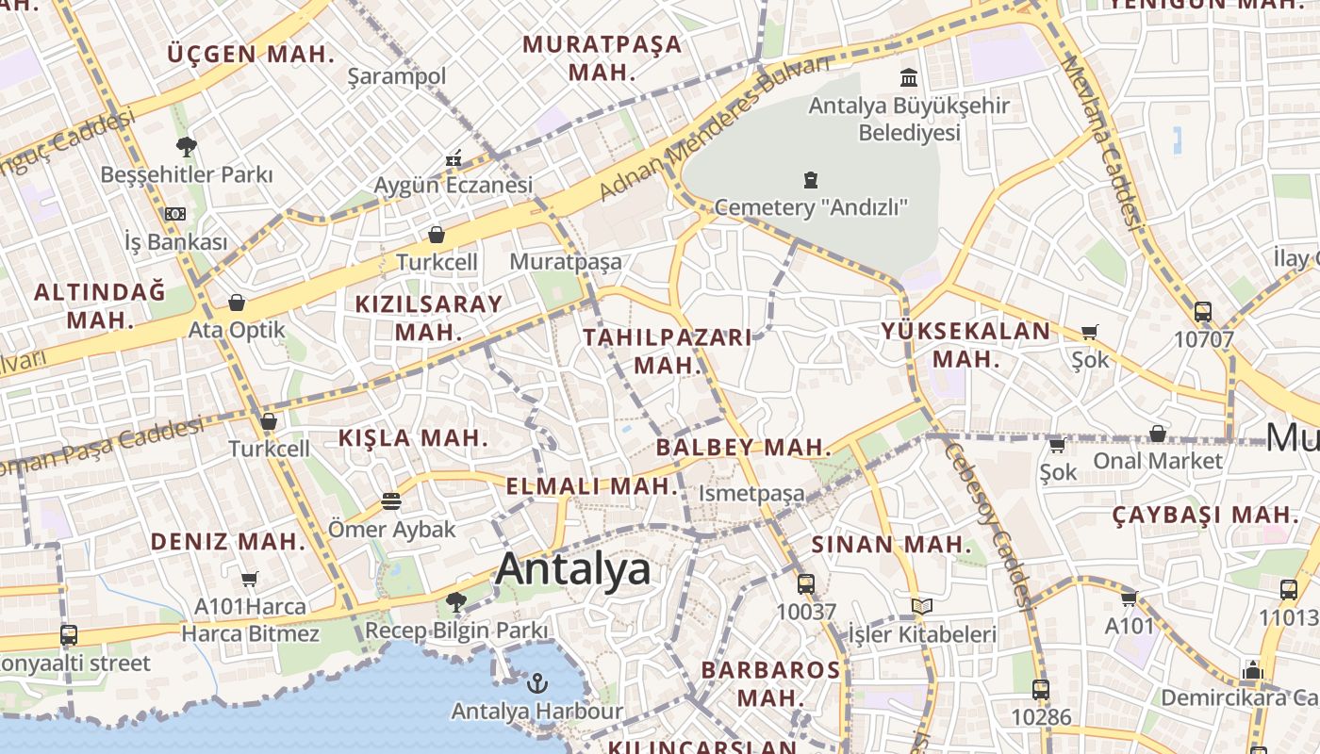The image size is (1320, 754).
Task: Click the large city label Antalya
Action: click(x=573, y=569)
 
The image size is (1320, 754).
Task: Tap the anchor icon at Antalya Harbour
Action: click(x=537, y=681)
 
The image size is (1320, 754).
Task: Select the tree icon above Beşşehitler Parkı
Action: click(x=186, y=146)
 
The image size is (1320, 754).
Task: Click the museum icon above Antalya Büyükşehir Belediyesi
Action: click(x=909, y=76)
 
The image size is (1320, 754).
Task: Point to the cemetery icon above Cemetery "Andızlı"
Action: click(x=810, y=179)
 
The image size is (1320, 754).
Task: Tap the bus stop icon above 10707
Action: click(x=1202, y=311)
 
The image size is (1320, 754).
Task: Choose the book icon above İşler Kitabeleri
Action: click(x=921, y=606)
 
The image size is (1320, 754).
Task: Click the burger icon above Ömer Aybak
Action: click(x=391, y=500)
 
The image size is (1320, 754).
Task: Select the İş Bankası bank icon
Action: click(x=175, y=214)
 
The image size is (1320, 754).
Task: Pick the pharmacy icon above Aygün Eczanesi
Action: click(x=454, y=157)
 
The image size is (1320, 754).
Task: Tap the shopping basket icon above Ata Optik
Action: click(x=236, y=303)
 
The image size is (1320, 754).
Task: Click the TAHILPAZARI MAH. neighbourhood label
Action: click(x=668, y=351)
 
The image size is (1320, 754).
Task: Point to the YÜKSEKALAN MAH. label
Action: click(x=965, y=344)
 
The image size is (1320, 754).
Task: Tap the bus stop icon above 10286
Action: click(x=1041, y=689)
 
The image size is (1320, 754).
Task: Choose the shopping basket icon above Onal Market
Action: click(x=1157, y=434)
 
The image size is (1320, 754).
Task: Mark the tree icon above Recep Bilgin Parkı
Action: click(x=456, y=600)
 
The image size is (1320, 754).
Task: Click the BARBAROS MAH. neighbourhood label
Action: click(x=770, y=684)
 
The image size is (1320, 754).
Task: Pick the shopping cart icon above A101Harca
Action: click(x=249, y=579)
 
